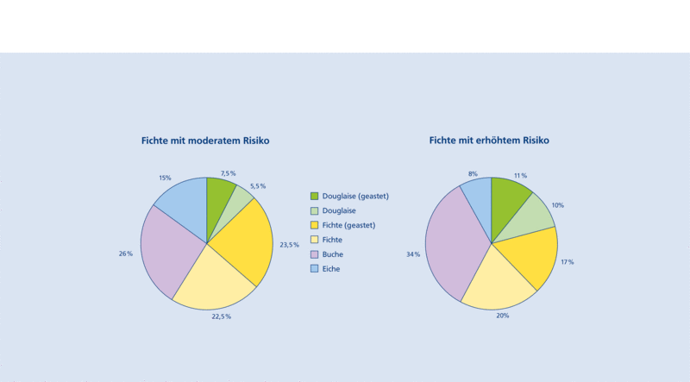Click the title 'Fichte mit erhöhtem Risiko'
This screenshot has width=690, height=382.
(489, 141)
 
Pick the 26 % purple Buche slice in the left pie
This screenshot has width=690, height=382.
(168, 250)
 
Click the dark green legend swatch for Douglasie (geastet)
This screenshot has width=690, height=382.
(315, 196)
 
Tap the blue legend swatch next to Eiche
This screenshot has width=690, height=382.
(315, 269)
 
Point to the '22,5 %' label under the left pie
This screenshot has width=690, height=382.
(221, 316)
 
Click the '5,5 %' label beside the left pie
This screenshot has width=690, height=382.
(257, 186)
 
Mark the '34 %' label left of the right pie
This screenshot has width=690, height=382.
(413, 255)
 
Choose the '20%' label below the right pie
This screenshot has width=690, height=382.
(502, 316)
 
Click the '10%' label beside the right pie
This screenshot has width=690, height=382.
(558, 205)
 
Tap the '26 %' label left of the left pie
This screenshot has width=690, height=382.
(126, 254)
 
